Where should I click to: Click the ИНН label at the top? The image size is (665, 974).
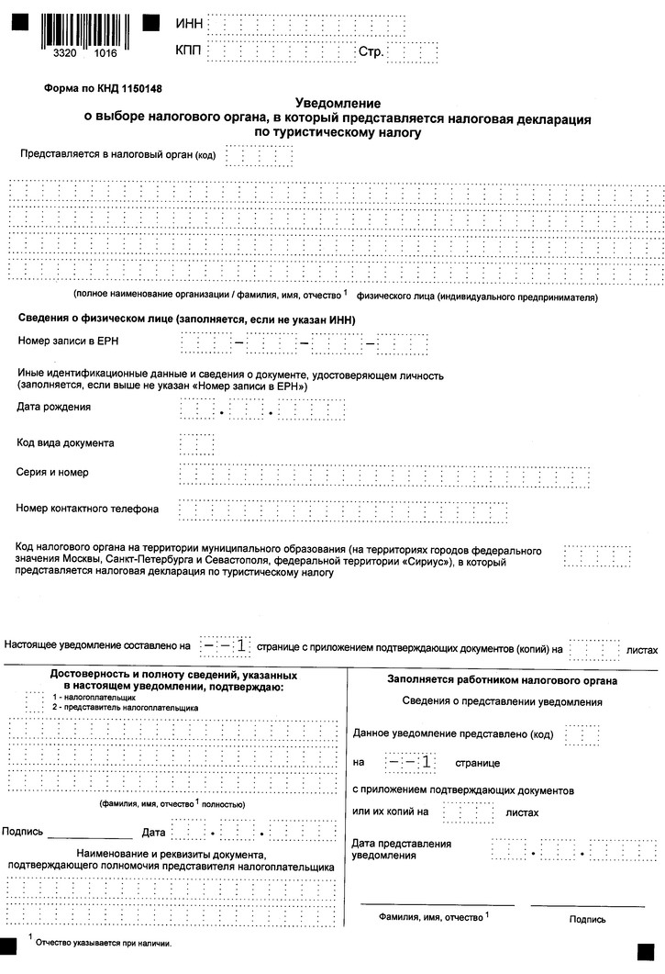pos(186,23)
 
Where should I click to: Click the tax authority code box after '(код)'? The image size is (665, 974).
pos(259,155)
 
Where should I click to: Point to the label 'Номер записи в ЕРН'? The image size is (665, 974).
pos(70,341)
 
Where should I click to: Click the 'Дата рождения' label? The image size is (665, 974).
pos(54,407)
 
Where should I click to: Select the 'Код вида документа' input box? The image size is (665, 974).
pos(196,443)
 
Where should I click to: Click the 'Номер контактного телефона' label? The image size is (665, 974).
pos(88,508)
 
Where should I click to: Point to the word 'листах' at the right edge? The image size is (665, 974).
pos(641,649)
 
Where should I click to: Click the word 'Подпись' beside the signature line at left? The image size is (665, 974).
pos(23,832)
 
